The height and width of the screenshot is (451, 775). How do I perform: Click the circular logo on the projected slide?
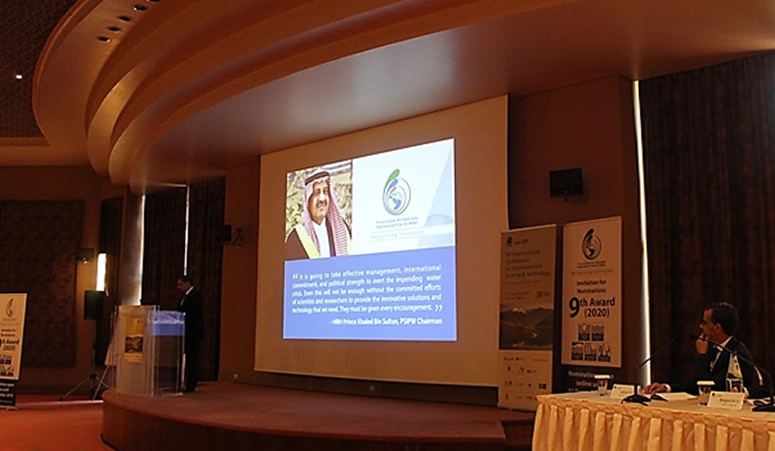pyautogui.click(x=396, y=192)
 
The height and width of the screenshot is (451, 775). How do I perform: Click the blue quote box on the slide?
pyautogui.click(x=369, y=293)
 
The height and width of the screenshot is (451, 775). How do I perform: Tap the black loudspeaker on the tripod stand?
pyautogui.click(x=94, y=305)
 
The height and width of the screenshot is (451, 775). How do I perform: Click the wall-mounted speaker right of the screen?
pyautogui.click(x=566, y=182)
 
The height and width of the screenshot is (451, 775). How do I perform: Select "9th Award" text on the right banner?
pyautogui.click(x=592, y=307)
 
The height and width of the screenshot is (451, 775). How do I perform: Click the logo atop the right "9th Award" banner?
pyautogui.click(x=592, y=244)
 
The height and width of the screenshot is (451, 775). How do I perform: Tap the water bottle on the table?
pyautogui.click(x=735, y=372)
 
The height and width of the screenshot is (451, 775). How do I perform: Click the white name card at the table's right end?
pyautogui.click(x=725, y=400)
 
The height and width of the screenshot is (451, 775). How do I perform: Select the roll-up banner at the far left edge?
pyautogui.click(x=12, y=347)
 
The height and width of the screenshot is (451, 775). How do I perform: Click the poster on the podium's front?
pyautogui.click(x=134, y=340)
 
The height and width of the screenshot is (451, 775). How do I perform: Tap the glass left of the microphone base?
pyautogui.click(x=602, y=385)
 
